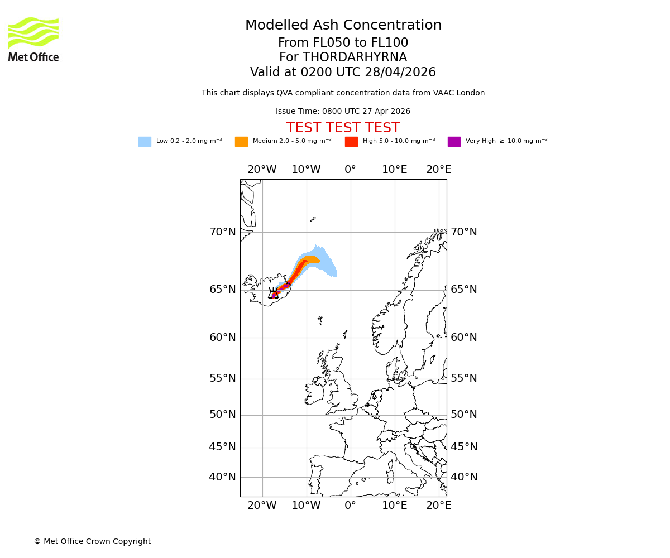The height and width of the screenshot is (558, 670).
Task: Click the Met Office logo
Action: tap(33, 39)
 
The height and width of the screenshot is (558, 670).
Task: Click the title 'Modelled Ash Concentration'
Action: tap(343, 26)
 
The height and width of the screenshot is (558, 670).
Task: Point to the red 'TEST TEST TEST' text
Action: tap(343, 128)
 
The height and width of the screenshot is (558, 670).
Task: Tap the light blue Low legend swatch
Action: tap(145, 142)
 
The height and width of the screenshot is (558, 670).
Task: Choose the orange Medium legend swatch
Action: tap(241, 142)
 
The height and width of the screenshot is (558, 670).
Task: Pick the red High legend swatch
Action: tap(351, 142)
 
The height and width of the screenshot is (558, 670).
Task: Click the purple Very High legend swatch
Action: tap(454, 142)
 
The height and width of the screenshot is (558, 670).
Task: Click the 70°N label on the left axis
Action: tap(222, 232)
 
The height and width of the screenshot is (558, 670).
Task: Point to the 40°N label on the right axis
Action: tap(464, 477)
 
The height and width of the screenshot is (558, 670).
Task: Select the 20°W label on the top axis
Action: tap(262, 170)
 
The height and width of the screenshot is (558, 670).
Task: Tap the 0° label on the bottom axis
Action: tap(350, 506)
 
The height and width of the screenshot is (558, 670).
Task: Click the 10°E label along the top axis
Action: tap(395, 170)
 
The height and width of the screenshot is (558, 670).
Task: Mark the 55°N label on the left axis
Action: tap(222, 378)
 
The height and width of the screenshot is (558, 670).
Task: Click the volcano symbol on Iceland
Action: tap(274, 294)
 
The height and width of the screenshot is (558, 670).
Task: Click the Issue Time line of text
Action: tap(343, 112)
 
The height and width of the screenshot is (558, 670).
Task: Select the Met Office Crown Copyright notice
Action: tap(92, 541)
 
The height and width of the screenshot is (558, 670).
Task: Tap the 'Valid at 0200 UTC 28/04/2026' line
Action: tap(343, 73)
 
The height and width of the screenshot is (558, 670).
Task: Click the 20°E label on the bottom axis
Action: tap(439, 506)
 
